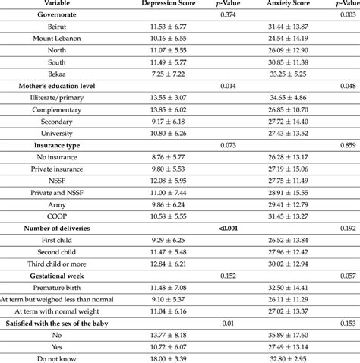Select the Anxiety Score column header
[292, 4]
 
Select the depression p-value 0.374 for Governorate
[229, 14]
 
